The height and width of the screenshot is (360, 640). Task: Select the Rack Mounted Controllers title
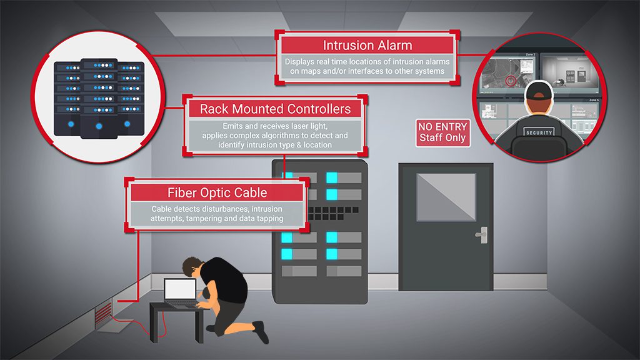[275, 109]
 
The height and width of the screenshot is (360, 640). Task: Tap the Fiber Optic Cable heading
[217, 192]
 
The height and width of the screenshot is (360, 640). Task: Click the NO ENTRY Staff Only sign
[442, 132]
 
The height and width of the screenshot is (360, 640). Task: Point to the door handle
[481, 236]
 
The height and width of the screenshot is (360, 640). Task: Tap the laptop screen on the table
[179, 290]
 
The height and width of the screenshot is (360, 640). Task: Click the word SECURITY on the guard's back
[539, 133]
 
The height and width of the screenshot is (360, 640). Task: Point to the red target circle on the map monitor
[512, 81]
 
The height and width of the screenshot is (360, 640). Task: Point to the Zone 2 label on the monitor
[531, 54]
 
